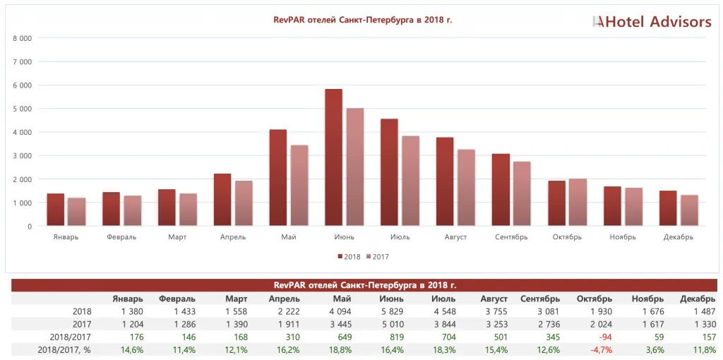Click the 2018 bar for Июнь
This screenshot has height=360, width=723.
(x=334, y=157)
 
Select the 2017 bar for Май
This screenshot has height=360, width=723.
(x=299, y=186)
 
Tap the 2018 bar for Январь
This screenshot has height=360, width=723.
(x=56, y=210)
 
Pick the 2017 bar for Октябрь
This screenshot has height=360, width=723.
(x=578, y=203)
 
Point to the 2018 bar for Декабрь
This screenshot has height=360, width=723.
(x=668, y=208)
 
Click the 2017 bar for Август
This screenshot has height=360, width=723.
(x=467, y=188)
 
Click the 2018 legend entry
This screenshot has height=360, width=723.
(x=349, y=257)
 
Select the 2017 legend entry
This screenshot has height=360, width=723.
(x=377, y=257)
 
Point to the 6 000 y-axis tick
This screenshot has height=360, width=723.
(x=22, y=85)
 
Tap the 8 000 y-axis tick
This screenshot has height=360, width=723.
(x=22, y=38)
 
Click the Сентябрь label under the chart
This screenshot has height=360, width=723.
(x=511, y=237)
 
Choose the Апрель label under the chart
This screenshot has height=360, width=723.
(x=233, y=237)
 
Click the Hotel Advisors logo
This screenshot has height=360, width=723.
(x=652, y=21)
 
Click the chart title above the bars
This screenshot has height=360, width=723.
(x=363, y=20)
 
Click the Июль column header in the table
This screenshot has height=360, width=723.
(x=443, y=299)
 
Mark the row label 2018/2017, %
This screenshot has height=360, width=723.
(x=64, y=350)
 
